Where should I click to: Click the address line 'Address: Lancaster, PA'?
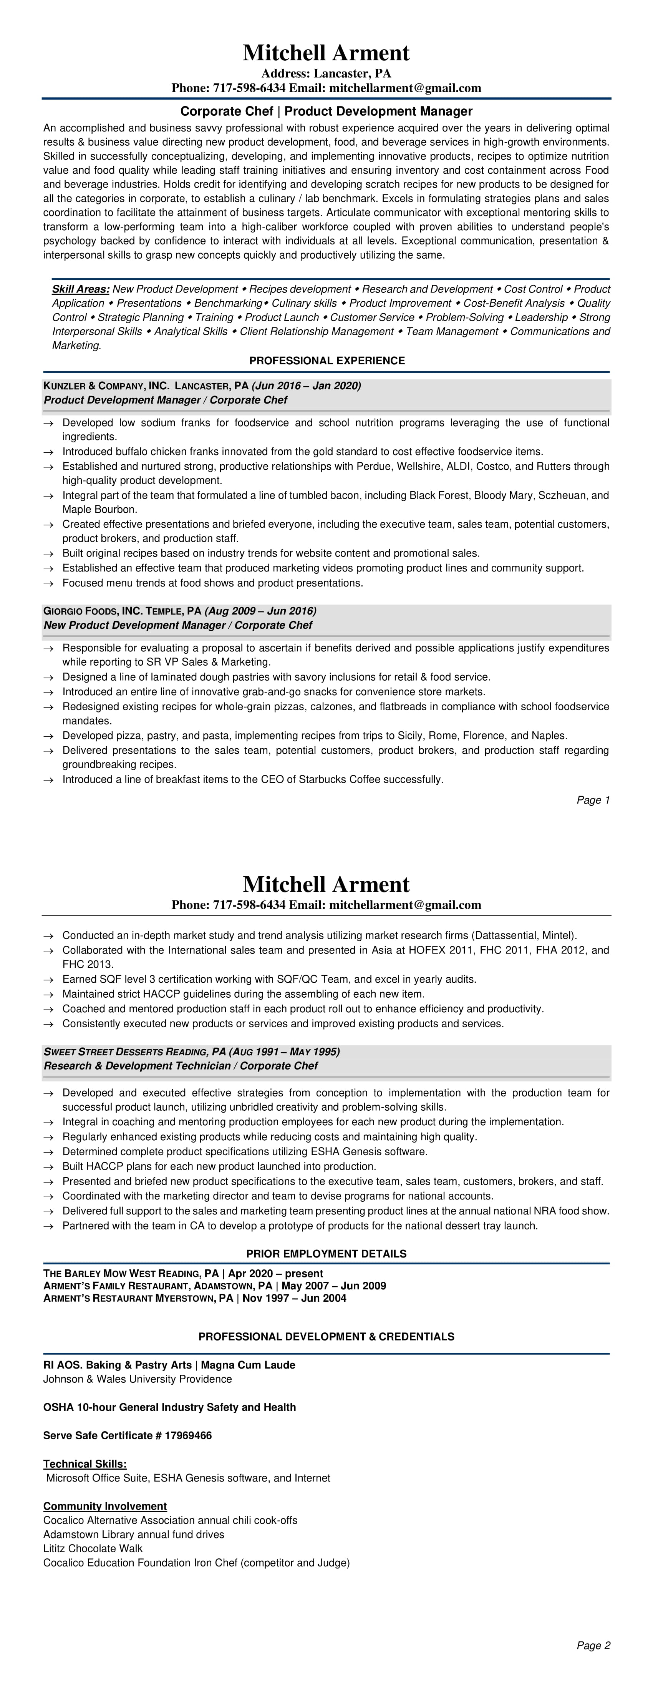326,73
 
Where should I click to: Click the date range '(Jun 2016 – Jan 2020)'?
306,385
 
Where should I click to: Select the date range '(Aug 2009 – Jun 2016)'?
260,611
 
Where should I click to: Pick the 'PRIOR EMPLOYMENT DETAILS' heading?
326,1254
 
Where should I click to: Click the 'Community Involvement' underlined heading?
105,1506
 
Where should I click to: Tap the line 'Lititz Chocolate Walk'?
93,1548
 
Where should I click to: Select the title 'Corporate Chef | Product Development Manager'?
326,111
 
